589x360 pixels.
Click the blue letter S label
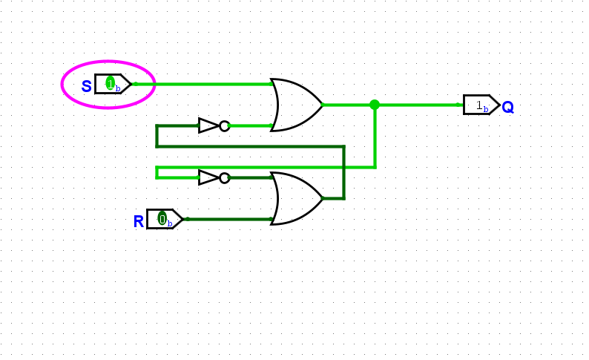[x=87, y=86]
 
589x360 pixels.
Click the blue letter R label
[x=139, y=221]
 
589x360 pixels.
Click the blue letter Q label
[x=507, y=108]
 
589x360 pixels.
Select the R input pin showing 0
[x=164, y=219]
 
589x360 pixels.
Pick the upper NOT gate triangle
[x=208, y=126]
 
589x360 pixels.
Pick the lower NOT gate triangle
[x=208, y=178]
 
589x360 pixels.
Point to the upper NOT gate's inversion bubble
[x=224, y=126]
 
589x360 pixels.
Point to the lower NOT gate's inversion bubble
[x=224, y=178]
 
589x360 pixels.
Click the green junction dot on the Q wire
[x=375, y=105]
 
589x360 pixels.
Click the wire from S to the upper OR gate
[x=200, y=84]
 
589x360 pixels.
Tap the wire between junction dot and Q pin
[x=419, y=105]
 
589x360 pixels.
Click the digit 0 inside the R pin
[x=162, y=219]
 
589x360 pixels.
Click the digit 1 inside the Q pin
[x=478, y=105]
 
